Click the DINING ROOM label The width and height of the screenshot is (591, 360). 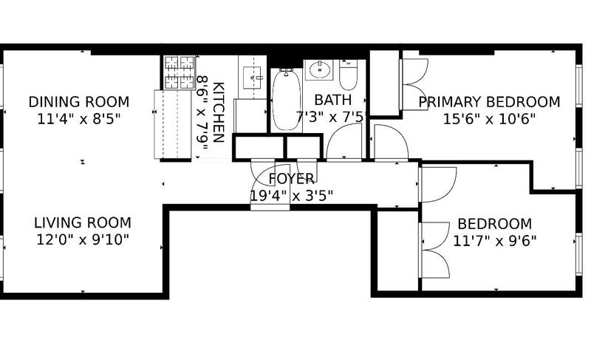point(79,102)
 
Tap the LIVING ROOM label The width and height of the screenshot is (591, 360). point(83,223)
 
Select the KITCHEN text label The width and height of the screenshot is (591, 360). point(219,112)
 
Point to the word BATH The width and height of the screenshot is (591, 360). point(333,101)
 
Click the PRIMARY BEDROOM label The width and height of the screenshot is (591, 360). point(489,102)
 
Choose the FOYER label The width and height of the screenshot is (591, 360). point(291,179)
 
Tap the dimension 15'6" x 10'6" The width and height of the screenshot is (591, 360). point(489,120)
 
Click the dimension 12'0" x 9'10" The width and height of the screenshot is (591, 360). point(83,240)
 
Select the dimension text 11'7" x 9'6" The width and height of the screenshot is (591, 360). point(494,241)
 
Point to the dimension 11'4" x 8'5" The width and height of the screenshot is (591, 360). point(79,120)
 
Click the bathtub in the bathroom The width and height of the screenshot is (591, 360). point(287,100)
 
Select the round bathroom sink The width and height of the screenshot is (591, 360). point(320,69)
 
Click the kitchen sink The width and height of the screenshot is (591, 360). point(252,78)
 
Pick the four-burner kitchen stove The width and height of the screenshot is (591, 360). point(180,72)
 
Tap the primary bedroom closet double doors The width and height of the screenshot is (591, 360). point(414,84)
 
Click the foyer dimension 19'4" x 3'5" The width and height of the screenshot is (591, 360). point(291,196)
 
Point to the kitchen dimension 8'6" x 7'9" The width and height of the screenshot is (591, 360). point(202,112)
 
